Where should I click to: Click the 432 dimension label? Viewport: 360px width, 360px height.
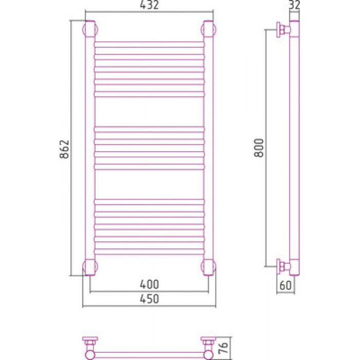pos(149,5)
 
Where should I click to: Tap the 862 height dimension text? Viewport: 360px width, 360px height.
pos(64,149)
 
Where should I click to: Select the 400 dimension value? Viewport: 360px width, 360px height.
pos(149,284)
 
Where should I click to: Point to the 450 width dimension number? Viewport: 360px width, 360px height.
pos(149,299)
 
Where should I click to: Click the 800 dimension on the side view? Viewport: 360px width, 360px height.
pos(259,148)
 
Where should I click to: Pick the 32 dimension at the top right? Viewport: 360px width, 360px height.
pos(294,5)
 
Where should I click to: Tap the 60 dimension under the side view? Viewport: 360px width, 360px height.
pos(285,285)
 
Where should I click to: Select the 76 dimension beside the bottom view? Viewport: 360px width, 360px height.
pos(223,348)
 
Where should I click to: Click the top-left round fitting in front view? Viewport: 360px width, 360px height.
pos(90,29)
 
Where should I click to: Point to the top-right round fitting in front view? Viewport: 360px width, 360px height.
pos(208,29)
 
